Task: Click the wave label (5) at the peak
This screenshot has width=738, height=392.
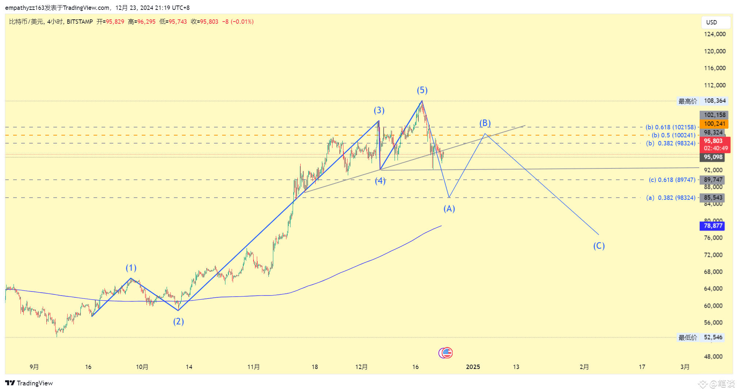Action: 422,90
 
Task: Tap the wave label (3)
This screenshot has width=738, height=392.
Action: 379,110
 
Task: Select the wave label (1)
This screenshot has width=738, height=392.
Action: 131,268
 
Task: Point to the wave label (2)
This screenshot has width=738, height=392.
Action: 178,321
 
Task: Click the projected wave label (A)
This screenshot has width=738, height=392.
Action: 449,209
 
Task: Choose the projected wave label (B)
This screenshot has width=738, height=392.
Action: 485,123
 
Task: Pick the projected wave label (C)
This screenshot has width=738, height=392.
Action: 599,246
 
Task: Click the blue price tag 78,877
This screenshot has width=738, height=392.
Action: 712,226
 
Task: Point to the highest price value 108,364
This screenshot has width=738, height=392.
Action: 715,101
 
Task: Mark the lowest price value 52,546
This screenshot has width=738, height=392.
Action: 713,337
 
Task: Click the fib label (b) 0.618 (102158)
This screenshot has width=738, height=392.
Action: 670,127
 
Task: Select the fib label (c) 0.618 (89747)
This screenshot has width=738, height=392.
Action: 672,180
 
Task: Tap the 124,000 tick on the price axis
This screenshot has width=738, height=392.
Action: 715,34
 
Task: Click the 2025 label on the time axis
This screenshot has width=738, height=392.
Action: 473,367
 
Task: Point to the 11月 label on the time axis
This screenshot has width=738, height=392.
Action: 254,367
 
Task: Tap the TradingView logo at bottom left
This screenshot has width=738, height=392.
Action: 29,383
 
